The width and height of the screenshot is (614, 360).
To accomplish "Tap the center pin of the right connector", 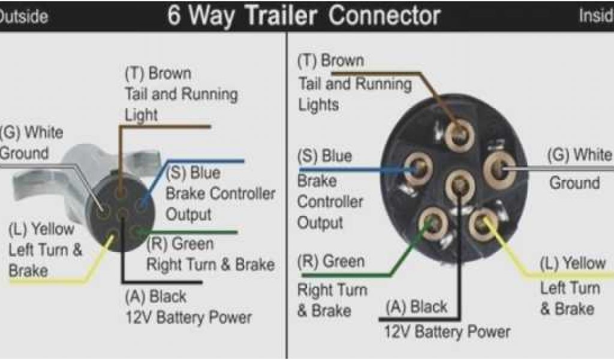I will [x=460, y=183].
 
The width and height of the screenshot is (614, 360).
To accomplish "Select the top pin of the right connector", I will [x=459, y=135].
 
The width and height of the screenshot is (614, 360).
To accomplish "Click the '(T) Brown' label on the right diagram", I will [x=330, y=61].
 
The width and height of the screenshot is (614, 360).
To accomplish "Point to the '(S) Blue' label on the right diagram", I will [x=324, y=157].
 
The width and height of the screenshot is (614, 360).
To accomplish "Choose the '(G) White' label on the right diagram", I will [x=579, y=155].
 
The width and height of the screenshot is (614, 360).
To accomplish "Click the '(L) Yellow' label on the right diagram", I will [x=573, y=263].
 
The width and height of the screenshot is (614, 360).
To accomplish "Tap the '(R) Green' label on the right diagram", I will [x=331, y=262].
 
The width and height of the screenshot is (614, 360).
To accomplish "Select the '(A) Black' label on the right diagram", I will [x=417, y=307].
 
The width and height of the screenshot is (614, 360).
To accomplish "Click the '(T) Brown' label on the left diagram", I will [x=158, y=74].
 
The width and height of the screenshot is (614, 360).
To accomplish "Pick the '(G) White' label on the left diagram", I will [x=32, y=132].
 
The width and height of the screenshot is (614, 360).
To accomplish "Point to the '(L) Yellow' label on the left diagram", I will [x=41, y=229].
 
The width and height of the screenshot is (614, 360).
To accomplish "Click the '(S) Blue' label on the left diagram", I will [x=193, y=173].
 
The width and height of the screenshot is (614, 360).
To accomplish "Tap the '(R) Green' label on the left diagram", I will [x=180, y=244].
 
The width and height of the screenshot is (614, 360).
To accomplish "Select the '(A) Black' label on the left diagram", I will [x=156, y=296].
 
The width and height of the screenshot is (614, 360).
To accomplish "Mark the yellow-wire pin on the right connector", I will [x=483, y=224].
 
